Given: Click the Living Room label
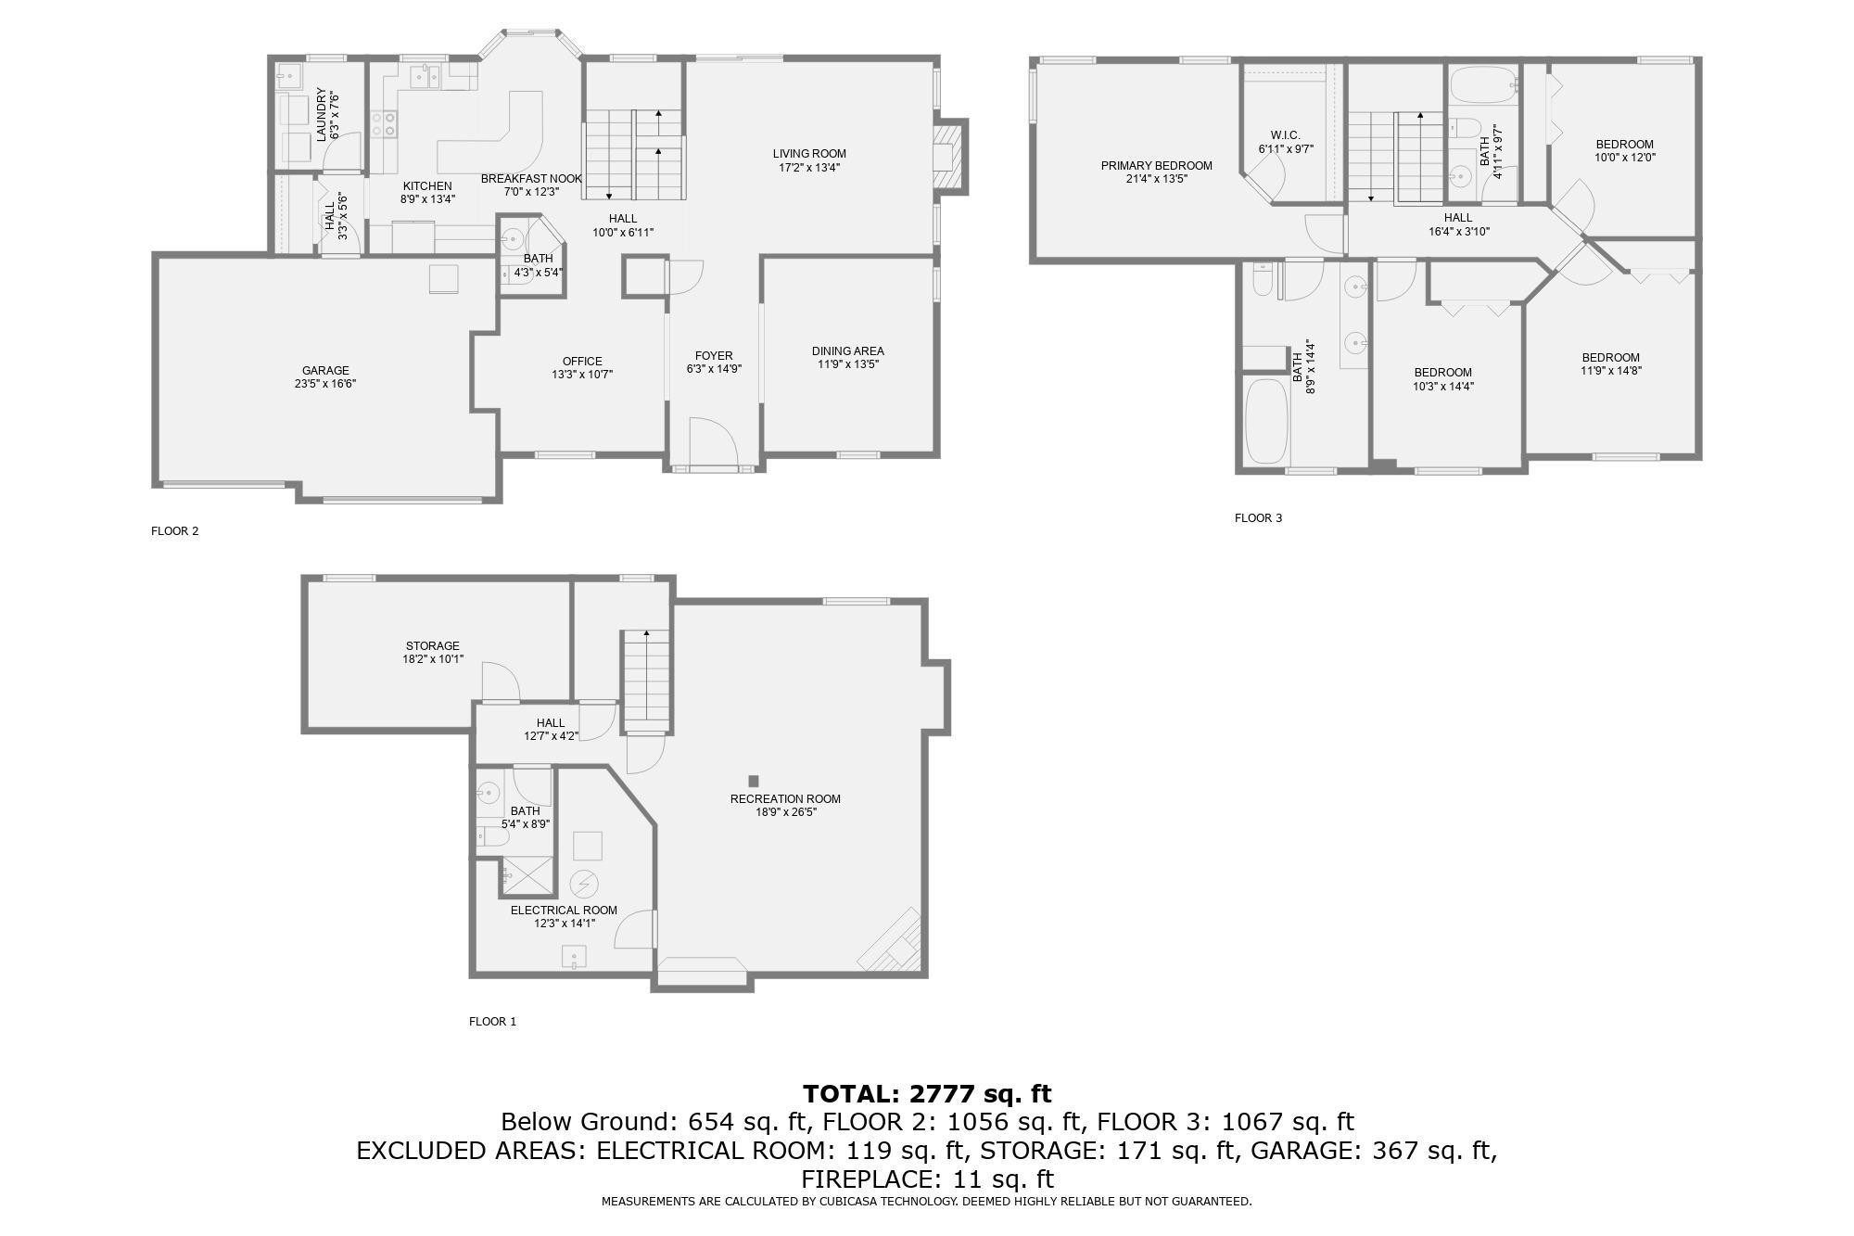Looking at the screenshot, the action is tap(809, 154).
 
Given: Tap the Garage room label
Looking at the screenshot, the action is tap(325, 371).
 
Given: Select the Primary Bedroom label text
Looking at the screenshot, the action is tap(1156, 166).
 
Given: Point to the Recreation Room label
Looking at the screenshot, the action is tap(785, 799).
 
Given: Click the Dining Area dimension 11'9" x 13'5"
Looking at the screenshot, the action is tap(847, 364).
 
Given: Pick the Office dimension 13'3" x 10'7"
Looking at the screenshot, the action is tap(582, 375).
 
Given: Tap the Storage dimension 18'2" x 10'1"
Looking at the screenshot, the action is tap(433, 659).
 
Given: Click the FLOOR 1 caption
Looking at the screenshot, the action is tap(492, 1022).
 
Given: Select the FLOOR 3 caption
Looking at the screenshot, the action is tap(1258, 518).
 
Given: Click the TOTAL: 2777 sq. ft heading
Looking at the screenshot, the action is tap(927, 1094).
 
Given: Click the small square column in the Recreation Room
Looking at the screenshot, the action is tap(754, 781).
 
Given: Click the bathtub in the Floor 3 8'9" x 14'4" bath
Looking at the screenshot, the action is tap(1265, 422).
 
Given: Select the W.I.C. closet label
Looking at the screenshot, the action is tap(1286, 135).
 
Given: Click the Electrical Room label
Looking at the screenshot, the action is tap(564, 911).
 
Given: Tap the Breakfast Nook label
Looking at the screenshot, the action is tap(531, 179).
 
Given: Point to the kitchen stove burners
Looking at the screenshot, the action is tap(384, 124).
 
